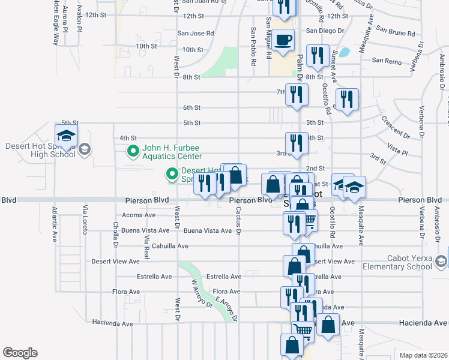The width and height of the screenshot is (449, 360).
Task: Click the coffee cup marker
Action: point(283,40)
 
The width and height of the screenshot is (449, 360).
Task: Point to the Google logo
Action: point(20,352)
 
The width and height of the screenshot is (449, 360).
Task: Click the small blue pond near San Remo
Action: point(345,52)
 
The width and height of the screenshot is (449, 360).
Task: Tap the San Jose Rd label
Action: point(195,34)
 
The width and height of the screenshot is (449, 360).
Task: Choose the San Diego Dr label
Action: point(325,30)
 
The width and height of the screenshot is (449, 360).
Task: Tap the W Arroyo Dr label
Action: point(202,292)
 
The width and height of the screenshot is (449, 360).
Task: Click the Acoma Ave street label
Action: point(139,215)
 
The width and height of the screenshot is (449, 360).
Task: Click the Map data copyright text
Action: point(423,355)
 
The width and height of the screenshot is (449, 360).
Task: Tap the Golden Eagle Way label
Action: point(56,24)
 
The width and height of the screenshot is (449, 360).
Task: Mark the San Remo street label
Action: point(386,60)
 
